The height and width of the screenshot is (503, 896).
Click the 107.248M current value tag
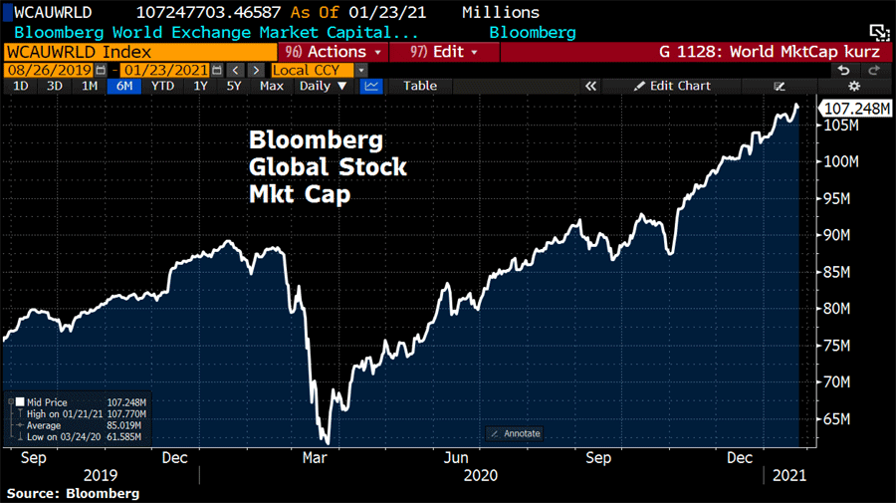coord(853,109)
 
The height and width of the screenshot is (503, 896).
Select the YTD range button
coord(161,86)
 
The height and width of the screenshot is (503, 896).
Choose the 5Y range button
coord(234,86)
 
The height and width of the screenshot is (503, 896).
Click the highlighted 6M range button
coord(124,86)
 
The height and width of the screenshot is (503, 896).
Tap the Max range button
coord(271,86)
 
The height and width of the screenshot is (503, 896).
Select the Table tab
coord(419,86)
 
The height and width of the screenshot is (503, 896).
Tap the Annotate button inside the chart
coord(516,433)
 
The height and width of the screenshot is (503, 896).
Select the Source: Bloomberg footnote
coord(73,493)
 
